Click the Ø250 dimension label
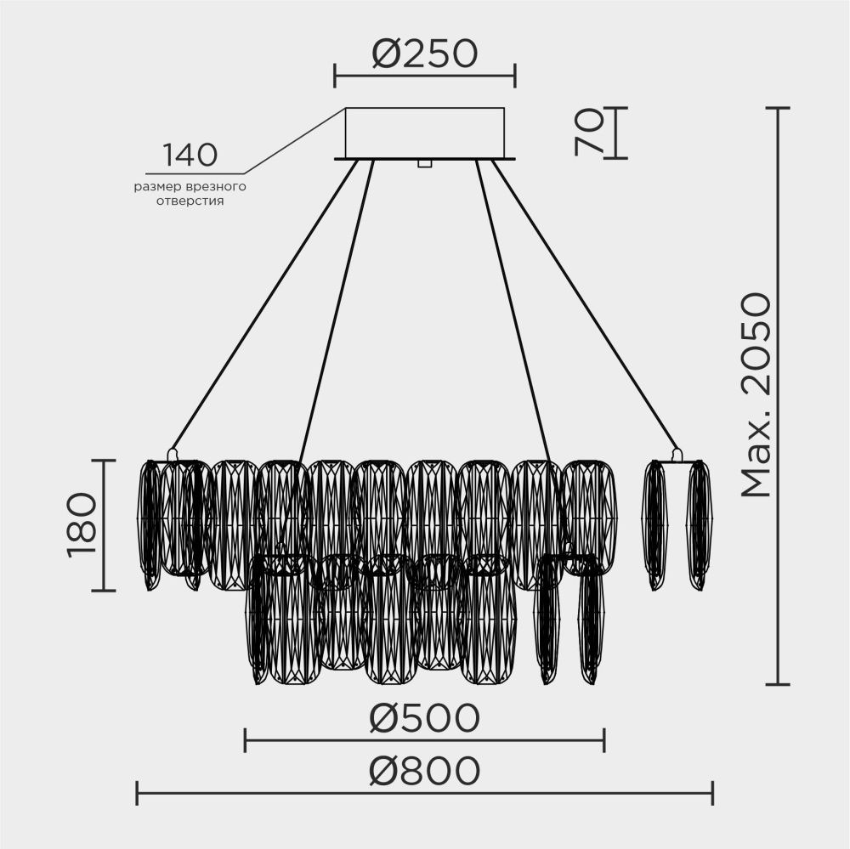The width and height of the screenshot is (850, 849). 424,54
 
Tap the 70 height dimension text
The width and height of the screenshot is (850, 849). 589,133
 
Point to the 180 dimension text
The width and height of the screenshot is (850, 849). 82,524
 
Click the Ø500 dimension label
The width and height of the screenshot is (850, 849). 424,719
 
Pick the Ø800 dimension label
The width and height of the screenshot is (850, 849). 424,772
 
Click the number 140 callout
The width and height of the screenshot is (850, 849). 190,156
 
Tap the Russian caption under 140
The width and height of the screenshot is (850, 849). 190,193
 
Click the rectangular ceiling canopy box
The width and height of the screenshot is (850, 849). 424,132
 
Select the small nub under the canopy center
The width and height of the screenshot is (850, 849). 424,162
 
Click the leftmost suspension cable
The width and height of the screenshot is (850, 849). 263,306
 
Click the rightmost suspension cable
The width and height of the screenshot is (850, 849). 586,306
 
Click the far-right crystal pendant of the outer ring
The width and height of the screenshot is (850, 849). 700,524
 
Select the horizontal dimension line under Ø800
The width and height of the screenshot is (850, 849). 424,794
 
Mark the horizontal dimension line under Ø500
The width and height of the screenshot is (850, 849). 424,740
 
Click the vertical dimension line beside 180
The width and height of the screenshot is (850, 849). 104,524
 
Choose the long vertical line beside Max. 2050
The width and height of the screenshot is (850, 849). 778,395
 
